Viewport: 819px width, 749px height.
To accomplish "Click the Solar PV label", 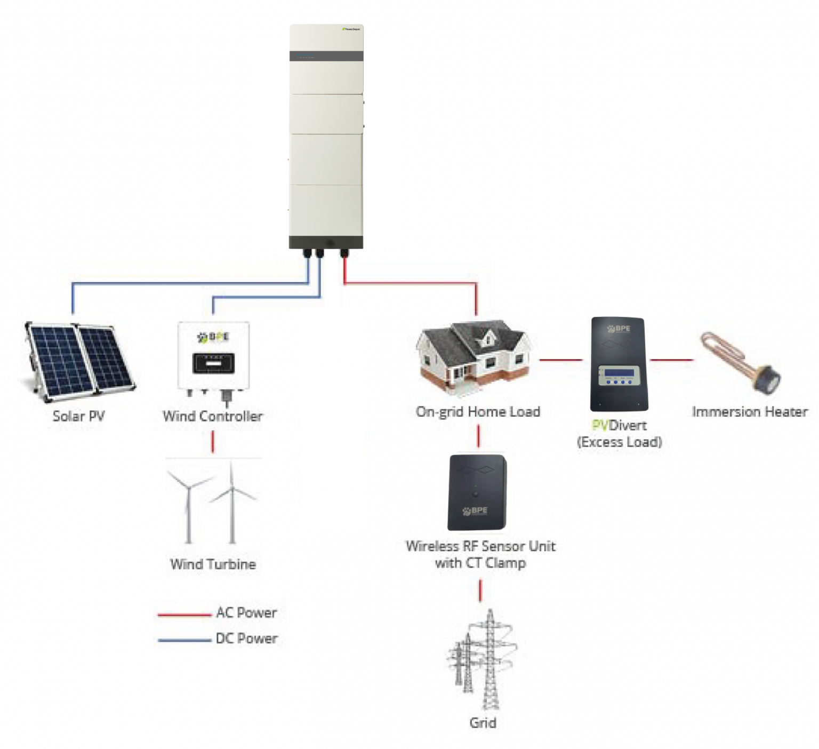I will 78,416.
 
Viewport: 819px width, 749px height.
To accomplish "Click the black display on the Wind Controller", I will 213,363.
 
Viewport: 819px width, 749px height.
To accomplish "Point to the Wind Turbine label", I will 213,564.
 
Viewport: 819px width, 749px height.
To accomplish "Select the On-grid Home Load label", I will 478,412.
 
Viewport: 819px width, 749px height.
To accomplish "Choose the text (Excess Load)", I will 619,442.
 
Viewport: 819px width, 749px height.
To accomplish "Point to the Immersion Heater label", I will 749,412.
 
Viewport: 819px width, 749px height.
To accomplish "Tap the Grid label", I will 483,722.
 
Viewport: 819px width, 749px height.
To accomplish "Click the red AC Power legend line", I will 184,615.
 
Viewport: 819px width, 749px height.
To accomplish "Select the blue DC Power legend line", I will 184,640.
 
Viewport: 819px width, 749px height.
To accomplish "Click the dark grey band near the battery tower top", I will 326,56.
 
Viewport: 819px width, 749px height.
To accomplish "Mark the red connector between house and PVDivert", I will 560,360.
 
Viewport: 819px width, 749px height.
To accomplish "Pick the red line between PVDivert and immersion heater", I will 672,360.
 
